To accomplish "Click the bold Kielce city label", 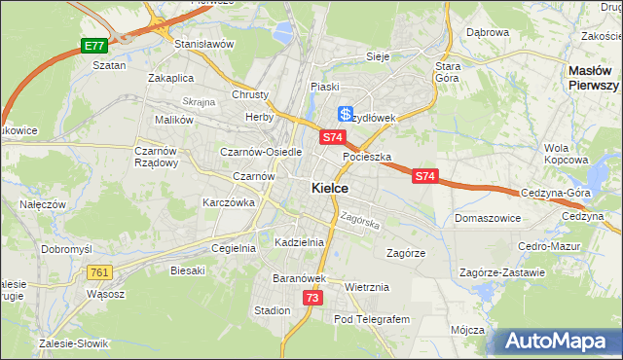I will pyautogui.click(x=331, y=189).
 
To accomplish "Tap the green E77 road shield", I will pyautogui.click(x=93, y=46).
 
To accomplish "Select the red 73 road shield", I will pyautogui.click(x=311, y=298).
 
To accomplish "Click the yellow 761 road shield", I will pyautogui.click(x=98, y=272).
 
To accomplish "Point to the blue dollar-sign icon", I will pyautogui.click(x=345, y=114).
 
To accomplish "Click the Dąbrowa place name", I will pyautogui.click(x=488, y=32).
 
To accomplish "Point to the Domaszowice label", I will pyautogui.click(x=487, y=218).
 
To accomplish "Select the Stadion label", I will pyautogui.click(x=272, y=310).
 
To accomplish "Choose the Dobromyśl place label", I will pyautogui.click(x=66, y=249).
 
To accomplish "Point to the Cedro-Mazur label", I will pyautogui.click(x=549, y=247).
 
